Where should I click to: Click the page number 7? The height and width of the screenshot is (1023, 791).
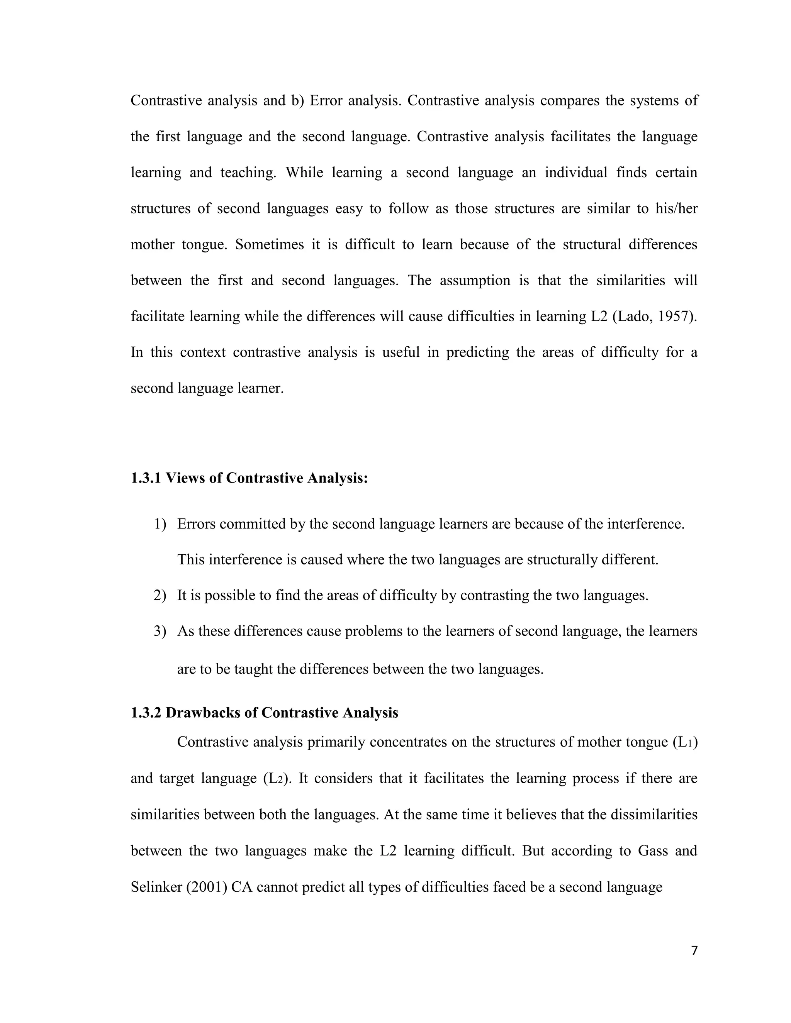pyautogui.click(x=694, y=950)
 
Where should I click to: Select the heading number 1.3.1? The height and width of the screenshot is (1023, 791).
pyautogui.click(x=145, y=478)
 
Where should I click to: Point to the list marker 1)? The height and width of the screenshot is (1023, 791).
pyautogui.click(x=160, y=524)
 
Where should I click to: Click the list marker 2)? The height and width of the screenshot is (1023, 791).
pyautogui.click(x=160, y=595)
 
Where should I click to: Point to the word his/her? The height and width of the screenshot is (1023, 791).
pyautogui.click(x=676, y=208)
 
